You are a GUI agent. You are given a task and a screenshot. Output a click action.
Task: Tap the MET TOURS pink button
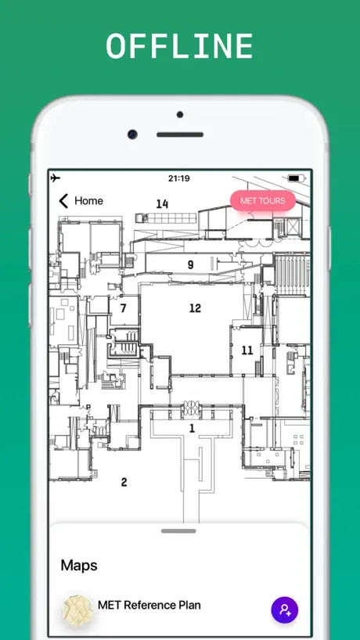[x=263, y=201]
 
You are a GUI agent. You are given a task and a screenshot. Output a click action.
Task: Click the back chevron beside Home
[x=63, y=201]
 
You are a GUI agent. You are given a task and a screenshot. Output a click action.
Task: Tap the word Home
[x=88, y=201]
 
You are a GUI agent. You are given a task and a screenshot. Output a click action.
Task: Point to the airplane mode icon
[x=56, y=178]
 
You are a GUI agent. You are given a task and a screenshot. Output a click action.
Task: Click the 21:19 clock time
[x=178, y=178]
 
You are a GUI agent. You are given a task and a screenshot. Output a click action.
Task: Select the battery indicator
[x=296, y=178]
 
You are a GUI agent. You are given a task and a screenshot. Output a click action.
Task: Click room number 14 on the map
[x=162, y=203]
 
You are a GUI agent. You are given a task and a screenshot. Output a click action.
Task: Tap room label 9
[x=191, y=265]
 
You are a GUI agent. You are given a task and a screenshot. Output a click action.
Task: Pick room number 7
[x=124, y=308]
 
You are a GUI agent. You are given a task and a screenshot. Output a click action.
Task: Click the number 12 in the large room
[x=195, y=308]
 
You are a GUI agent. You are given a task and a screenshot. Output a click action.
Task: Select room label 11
[x=247, y=351]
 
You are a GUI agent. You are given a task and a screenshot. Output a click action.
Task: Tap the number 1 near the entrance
[x=192, y=428]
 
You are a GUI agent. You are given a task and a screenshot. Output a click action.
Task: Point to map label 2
[x=124, y=482]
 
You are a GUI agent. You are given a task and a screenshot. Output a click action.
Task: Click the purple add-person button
[x=285, y=610]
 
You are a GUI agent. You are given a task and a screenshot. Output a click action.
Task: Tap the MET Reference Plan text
[x=149, y=605]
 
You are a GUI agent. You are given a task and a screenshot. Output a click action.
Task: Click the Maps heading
[x=79, y=566]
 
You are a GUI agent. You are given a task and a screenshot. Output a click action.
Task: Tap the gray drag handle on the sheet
[x=178, y=531]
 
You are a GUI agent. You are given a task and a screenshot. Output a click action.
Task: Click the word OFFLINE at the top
[x=179, y=45]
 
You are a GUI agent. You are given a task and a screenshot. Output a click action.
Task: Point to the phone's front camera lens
[x=131, y=135]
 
